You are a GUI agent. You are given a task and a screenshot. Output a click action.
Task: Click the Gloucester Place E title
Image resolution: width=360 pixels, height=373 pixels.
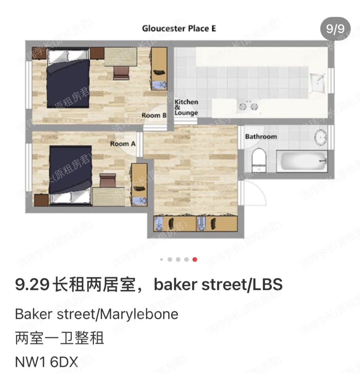point(179,28)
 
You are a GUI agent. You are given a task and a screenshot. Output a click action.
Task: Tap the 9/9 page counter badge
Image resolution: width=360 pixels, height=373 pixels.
point(335,29)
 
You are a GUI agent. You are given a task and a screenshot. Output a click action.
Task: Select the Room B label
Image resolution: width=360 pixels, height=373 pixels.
point(154,115)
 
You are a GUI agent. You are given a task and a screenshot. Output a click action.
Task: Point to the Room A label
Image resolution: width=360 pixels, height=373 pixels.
point(122,144)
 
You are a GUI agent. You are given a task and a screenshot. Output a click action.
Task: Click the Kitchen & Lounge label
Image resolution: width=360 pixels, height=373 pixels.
point(186,107)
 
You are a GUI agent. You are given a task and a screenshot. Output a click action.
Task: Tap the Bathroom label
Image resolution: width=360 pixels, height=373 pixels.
point(261,136)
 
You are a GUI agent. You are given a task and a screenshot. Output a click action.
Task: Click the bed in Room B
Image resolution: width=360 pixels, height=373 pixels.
point(68,83)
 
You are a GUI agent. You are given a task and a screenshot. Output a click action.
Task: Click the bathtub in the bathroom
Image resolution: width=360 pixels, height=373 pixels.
point(302,161)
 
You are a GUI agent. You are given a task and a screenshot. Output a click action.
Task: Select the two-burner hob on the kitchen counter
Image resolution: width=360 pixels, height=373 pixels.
point(248,106)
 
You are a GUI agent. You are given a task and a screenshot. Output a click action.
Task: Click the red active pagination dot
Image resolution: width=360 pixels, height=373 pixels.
point(195,259)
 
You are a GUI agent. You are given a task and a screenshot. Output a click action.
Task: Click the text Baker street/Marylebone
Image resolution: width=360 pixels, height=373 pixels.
point(97,314)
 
